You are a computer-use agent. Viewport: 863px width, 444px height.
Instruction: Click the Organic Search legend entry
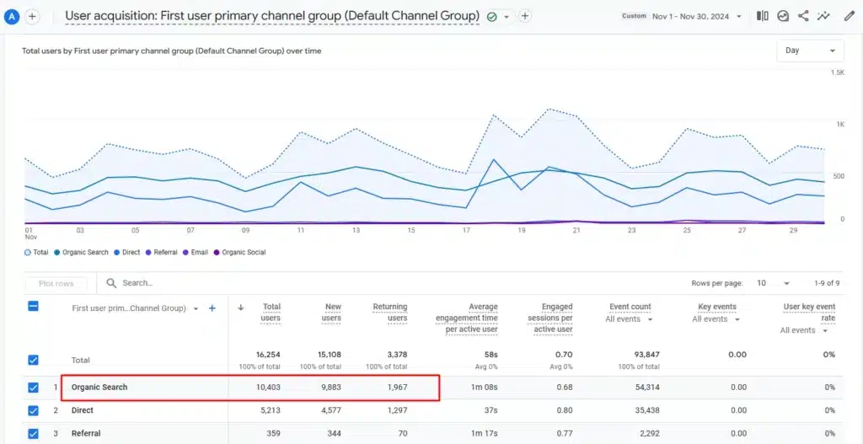point(84,253)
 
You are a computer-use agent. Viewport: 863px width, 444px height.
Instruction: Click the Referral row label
point(86,434)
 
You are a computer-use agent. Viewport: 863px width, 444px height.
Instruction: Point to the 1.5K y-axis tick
point(837,73)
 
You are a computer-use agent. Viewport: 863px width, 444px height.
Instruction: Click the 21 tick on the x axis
point(576,230)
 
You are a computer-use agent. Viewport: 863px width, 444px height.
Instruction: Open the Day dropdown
point(810,51)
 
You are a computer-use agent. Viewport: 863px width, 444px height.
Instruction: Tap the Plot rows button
point(56,284)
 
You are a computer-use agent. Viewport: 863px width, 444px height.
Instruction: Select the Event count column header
point(630,308)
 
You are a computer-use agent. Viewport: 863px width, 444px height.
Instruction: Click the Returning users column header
point(390,312)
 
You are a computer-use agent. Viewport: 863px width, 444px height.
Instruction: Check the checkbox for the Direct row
point(34,411)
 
